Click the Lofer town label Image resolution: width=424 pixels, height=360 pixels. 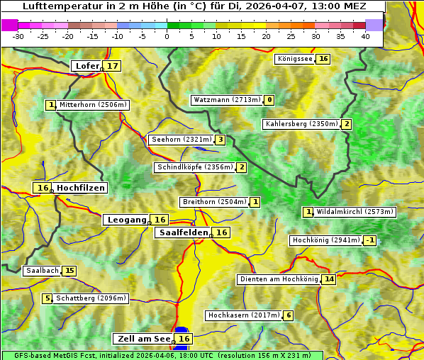pos(87,66)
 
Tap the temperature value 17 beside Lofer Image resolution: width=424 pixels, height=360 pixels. pos(113,66)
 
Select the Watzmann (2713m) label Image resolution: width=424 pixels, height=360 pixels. pos(227,100)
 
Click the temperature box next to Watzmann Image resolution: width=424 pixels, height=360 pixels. pos(269,100)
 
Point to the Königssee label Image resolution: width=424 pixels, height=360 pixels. pos(295,59)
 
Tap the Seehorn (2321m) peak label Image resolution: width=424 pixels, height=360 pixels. pos(182,140)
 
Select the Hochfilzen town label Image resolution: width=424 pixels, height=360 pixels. pos(81,188)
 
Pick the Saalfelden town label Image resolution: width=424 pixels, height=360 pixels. pos(183,232)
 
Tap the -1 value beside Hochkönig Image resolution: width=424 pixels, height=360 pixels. pos(369,240)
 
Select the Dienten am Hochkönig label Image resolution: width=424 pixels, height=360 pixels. pos(279,279)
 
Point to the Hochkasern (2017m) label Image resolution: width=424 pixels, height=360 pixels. pos(243,315)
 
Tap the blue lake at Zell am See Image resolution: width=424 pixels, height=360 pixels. pos(182,331)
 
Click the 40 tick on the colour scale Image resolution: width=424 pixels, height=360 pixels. pos(365,35)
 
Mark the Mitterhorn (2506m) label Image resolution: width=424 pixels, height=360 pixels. pos(93,105)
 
